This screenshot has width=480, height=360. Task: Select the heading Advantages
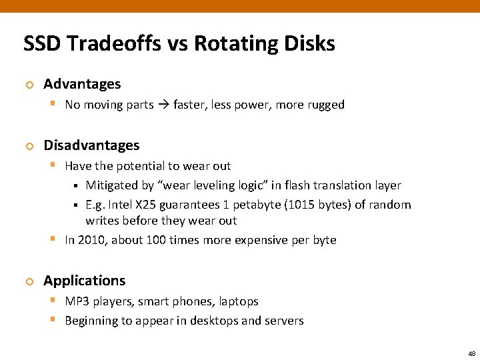pos(82,84)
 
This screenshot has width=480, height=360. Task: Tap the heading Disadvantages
pos(91,145)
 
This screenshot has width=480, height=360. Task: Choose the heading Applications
pos(84,281)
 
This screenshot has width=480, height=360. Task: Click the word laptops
pos(238,301)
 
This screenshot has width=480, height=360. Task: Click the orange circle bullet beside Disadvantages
pos(28,146)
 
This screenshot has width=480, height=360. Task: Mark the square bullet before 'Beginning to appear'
pos(53,321)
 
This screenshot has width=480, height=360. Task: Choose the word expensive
pos(258,240)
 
